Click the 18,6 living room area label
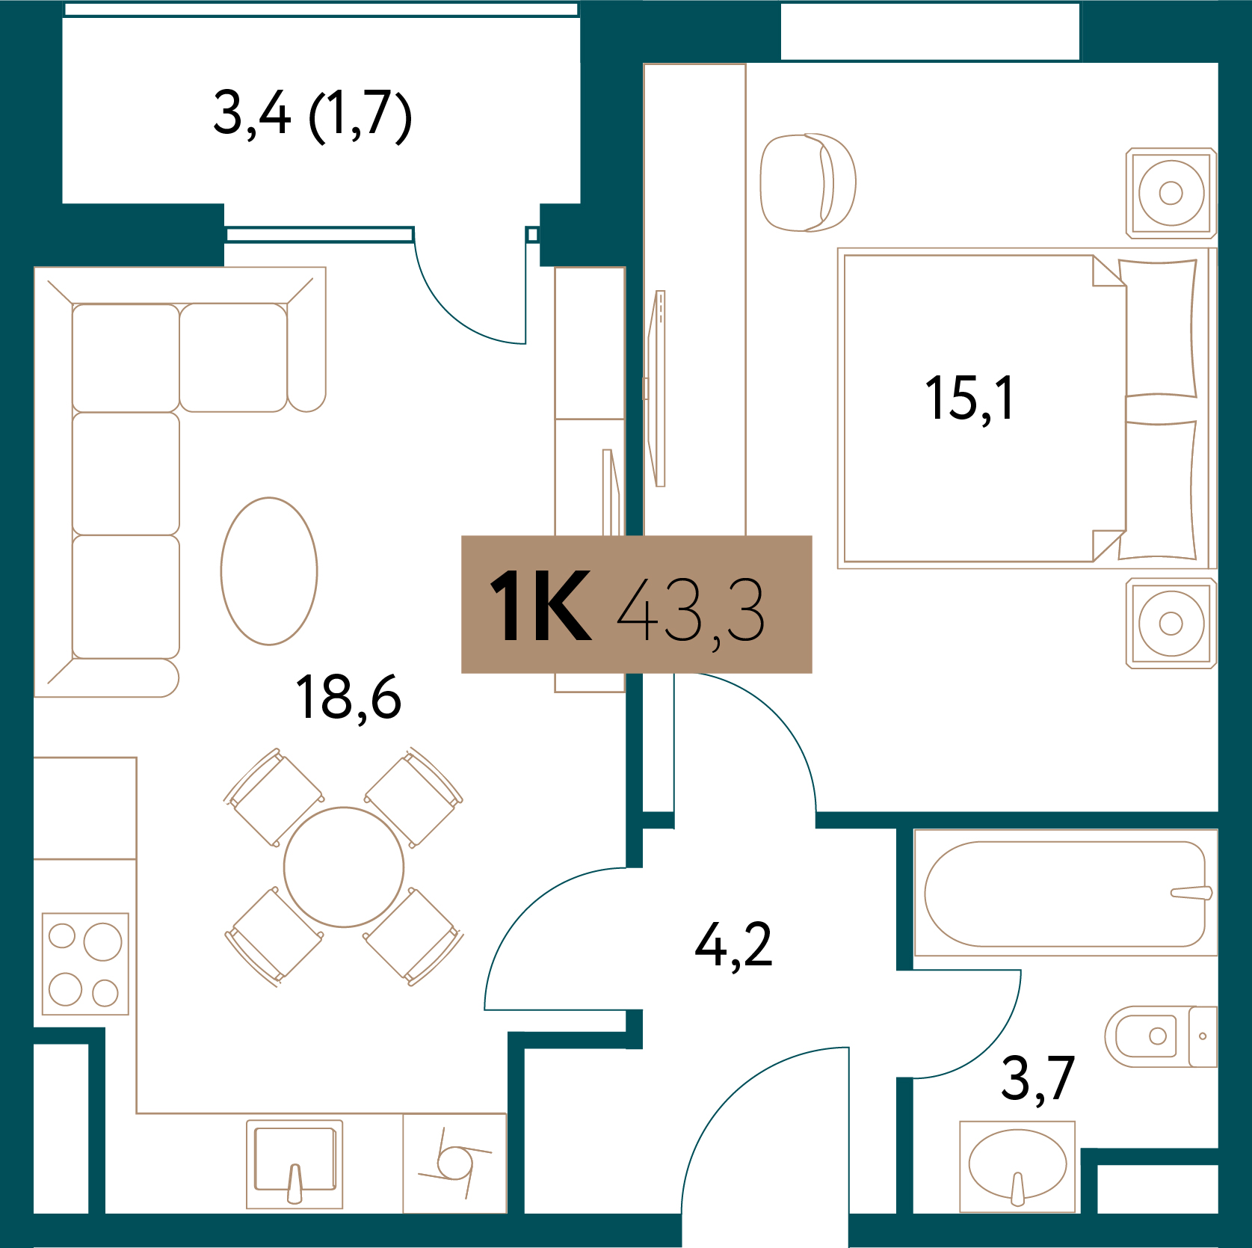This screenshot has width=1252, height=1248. tap(348, 698)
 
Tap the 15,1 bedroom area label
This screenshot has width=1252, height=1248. tap(969, 399)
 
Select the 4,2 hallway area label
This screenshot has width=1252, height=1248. tap(733, 946)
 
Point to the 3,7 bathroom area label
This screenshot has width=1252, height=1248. tap(1037, 1078)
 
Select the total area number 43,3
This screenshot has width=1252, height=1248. tap(691, 611)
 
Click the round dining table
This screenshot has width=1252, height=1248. tap(344, 867)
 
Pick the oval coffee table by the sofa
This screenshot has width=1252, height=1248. tap(269, 571)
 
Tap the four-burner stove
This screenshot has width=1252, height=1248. tap(85, 963)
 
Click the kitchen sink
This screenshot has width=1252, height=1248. tap(295, 1164)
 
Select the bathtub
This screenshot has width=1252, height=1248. tap(1065, 894)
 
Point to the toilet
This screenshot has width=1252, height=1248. tap(1161, 1036)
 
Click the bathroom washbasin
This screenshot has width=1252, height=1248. tap(1017, 1166)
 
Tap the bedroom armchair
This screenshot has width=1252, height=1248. tap(808, 182)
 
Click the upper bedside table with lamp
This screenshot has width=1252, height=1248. tap(1171, 193)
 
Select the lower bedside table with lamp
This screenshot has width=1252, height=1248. tap(1171, 623)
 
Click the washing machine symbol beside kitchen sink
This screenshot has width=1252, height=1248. tap(454, 1163)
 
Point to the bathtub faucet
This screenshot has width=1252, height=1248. tap(1191, 893)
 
